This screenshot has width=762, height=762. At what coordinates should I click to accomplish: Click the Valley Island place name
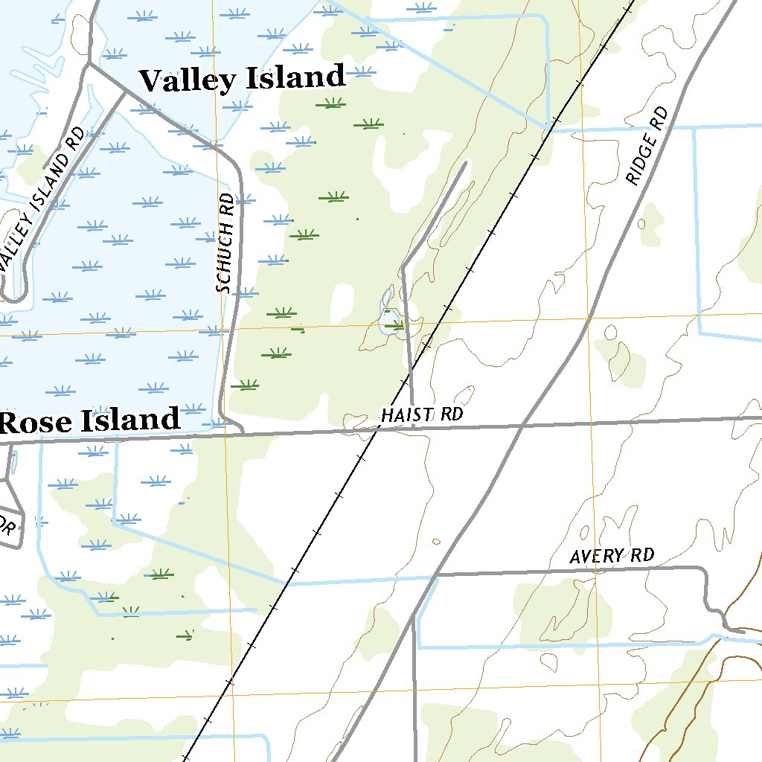[x=243, y=78]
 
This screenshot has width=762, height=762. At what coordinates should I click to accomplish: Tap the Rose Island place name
[x=90, y=421]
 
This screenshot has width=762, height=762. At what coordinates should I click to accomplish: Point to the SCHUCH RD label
[x=225, y=243]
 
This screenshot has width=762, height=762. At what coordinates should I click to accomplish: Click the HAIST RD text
[x=421, y=414]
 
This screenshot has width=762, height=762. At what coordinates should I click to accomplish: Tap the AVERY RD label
[x=612, y=556]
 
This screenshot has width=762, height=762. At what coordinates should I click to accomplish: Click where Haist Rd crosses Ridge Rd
[x=523, y=425]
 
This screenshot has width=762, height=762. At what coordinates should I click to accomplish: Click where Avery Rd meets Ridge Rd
[x=436, y=575]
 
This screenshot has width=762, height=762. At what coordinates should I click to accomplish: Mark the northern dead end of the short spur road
[x=466, y=162]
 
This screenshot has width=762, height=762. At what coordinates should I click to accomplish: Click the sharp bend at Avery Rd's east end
[x=704, y=570]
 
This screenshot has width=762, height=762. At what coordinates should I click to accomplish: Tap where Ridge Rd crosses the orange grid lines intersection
[x=588, y=320]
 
